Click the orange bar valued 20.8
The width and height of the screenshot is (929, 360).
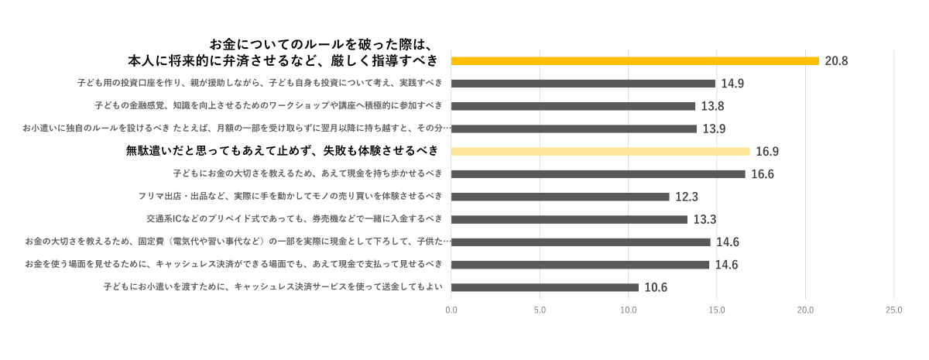[635, 60]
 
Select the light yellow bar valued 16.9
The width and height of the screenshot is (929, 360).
[600, 152]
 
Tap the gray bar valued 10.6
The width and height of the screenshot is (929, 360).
[544, 287]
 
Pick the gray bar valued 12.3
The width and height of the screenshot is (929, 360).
[560, 197]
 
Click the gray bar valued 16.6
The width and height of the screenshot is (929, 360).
[598, 174]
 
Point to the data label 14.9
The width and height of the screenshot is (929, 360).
[732, 84]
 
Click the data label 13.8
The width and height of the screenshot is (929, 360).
[712, 106]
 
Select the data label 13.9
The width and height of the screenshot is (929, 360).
[714, 129]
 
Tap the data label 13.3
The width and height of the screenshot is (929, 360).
[704, 220]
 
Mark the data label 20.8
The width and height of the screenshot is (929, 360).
[836, 61]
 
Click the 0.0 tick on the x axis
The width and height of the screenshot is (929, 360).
[451, 310]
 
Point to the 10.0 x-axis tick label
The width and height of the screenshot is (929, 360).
[629, 310]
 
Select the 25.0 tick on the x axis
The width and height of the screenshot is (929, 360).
[894, 310]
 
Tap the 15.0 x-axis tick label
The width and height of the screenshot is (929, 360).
[717, 310]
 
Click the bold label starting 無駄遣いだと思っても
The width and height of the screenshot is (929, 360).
[282, 151]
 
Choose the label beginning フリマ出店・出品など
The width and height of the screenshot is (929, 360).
[290, 197]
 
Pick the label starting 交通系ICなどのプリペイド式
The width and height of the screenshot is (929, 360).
[294, 219]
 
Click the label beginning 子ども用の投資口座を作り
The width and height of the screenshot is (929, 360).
[260, 83]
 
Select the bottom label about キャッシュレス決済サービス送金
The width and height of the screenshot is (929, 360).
[273, 287]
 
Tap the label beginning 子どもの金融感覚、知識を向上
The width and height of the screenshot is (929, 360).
[269, 106]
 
